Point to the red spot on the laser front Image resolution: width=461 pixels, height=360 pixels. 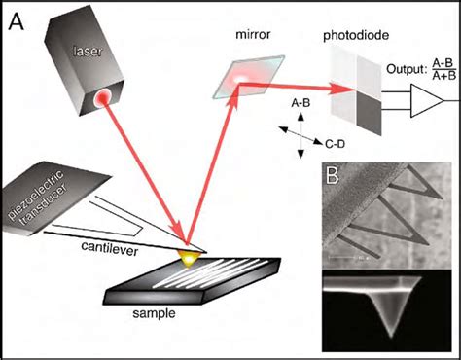click(x=101, y=97)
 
